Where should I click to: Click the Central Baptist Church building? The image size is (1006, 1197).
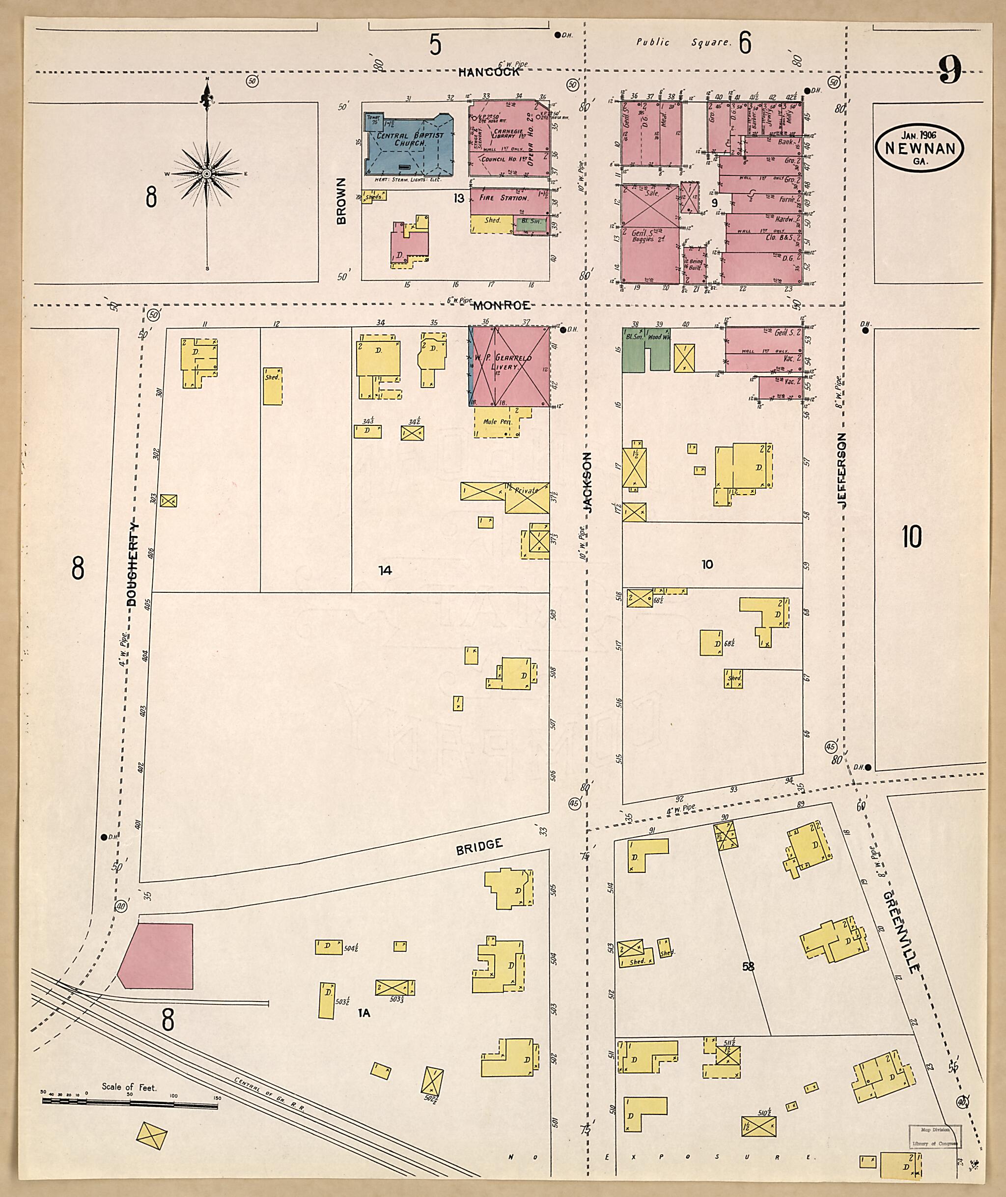click(x=408, y=144)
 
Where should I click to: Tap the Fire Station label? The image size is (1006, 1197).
click(x=503, y=198)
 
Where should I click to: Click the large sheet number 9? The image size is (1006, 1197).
click(x=950, y=70)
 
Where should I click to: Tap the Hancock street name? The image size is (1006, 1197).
click(x=489, y=72)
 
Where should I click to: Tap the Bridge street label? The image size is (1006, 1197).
click(x=479, y=846)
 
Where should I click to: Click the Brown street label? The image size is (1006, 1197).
click(x=341, y=201)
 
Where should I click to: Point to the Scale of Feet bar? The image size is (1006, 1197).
click(x=130, y=1105)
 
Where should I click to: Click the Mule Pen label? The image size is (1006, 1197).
click(x=497, y=421)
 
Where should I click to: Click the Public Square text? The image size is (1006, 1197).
click(x=683, y=42)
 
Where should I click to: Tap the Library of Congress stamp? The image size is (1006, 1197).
click(x=934, y=1136)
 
